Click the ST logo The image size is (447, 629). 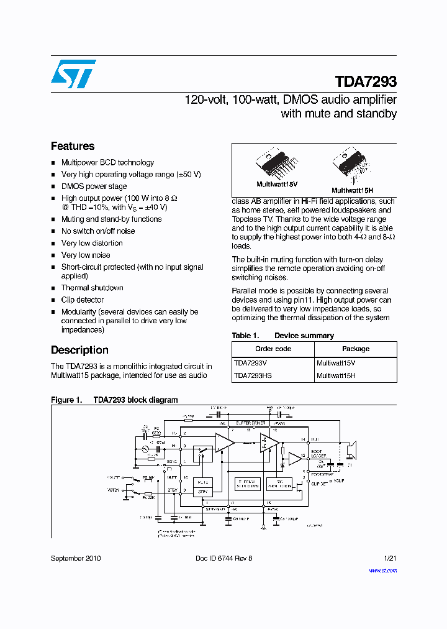pyautogui.click(x=73, y=74)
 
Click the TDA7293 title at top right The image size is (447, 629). pyautogui.click(x=366, y=82)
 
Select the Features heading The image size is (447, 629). pyautogui.click(x=73, y=146)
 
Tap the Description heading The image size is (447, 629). pyautogui.click(x=79, y=350)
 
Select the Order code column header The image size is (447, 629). pyautogui.click(x=273, y=349)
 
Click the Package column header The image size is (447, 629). pyautogui.click(x=355, y=349)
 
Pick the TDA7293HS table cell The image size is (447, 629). pyautogui.click(x=253, y=375)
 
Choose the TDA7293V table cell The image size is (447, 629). pyautogui.click(x=251, y=363)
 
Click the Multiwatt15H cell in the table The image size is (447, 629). pyautogui.click(x=336, y=375)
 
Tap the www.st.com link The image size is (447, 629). pyautogui.click(x=382, y=570)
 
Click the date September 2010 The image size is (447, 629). pyautogui.click(x=76, y=558)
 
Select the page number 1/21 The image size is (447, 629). pyautogui.click(x=390, y=558)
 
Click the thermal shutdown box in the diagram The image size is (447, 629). pyautogui.click(x=246, y=484)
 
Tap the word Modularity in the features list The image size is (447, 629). pyautogui.click(x=79, y=311)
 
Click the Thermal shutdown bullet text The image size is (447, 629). pyautogui.click(x=92, y=288)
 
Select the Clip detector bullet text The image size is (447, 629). pyautogui.click(x=83, y=300)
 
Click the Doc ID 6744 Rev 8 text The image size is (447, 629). pyautogui.click(x=223, y=558)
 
